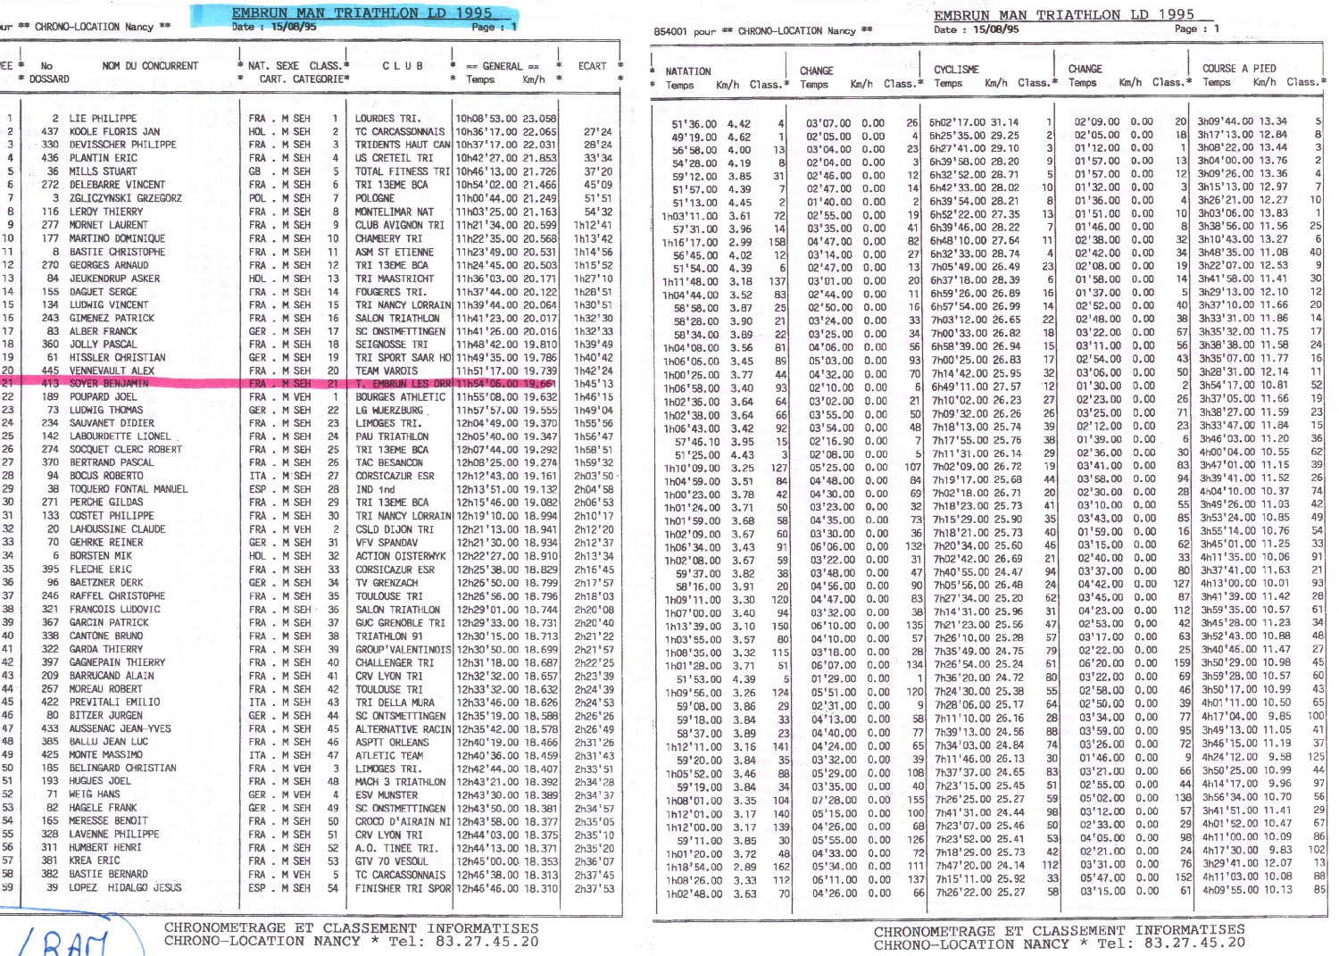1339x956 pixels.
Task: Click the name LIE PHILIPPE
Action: point(103,118)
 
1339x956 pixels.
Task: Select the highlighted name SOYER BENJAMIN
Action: point(108,384)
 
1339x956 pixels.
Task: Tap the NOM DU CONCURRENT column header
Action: point(150,66)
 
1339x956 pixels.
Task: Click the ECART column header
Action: point(592,66)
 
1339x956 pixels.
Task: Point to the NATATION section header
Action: point(688,71)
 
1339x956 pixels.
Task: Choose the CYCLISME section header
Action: point(956,70)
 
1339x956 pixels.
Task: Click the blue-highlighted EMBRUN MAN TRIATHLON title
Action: point(362,13)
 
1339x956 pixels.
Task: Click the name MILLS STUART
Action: point(104,171)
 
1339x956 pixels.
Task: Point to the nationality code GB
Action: point(255,171)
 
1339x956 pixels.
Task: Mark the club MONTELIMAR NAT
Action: point(394,212)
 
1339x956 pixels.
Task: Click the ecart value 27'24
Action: point(597,132)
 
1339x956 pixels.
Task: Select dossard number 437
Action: point(50,131)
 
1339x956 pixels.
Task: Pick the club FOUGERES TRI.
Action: point(390,292)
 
